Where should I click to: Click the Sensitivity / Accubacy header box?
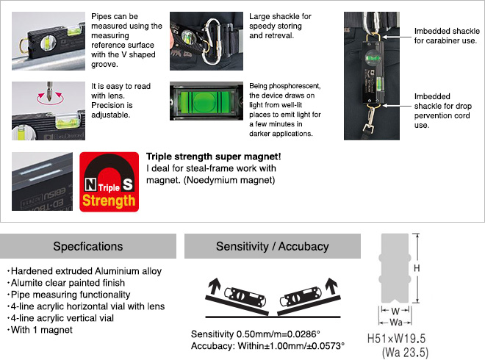(273, 246)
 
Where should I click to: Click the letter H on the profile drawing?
(417, 269)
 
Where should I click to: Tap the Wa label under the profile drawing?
(395, 321)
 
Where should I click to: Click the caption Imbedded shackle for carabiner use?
(446, 35)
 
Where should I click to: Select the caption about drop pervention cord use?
(443, 110)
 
